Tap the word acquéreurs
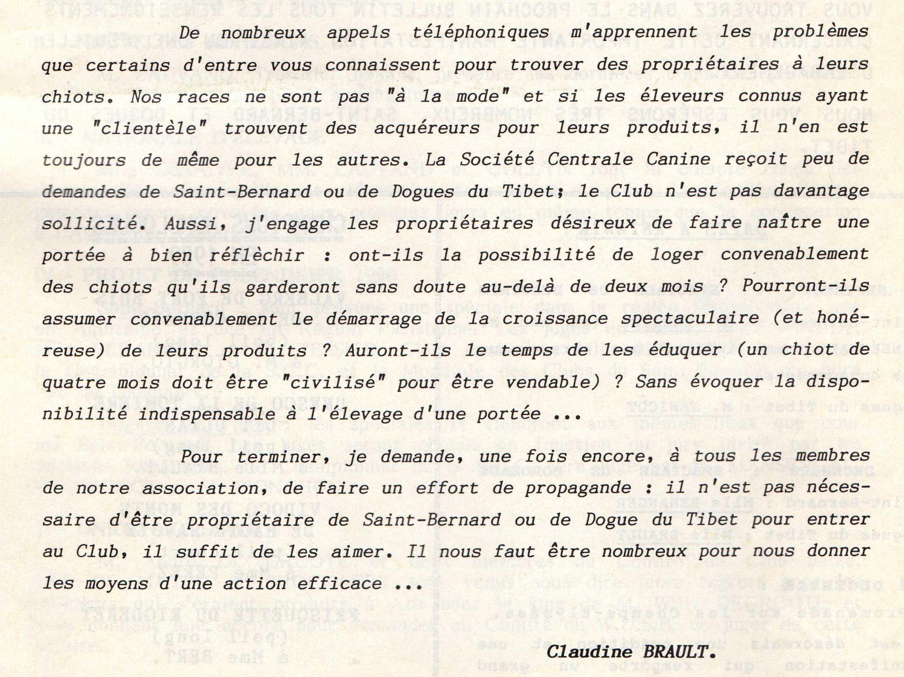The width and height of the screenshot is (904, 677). coord(427,129)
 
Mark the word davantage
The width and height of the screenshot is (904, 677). coord(821,192)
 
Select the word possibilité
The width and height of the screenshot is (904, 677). coord(536,255)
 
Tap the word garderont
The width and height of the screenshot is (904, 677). coord(292,288)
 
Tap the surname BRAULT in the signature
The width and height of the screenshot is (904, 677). coord(680,652)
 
